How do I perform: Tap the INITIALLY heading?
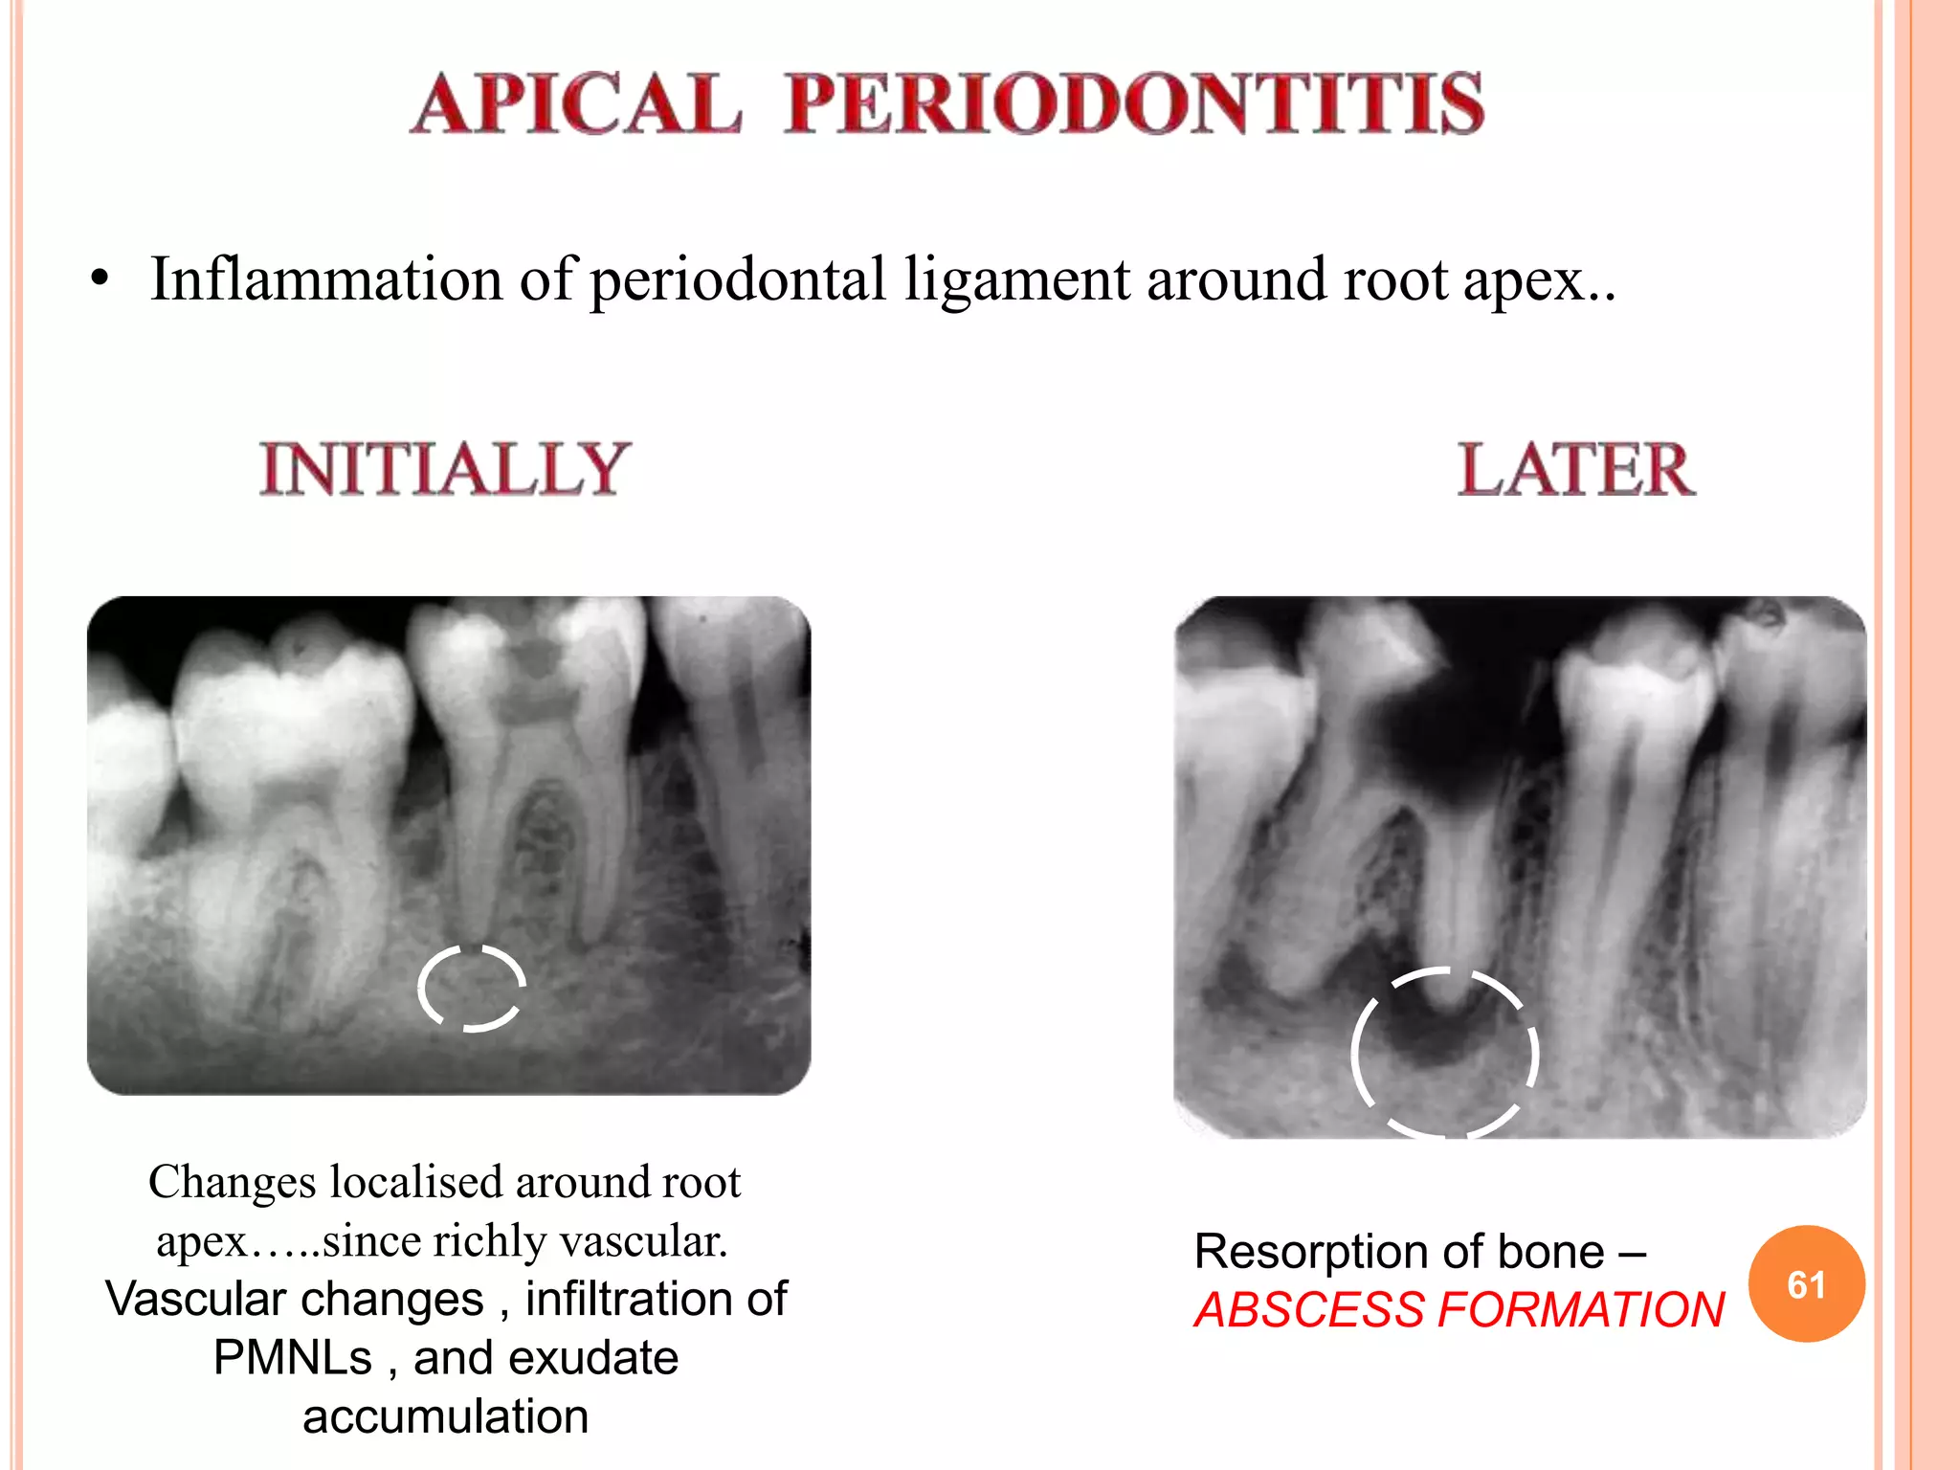[445, 469]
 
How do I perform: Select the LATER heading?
[1575, 469]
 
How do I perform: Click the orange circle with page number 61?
[1806, 1283]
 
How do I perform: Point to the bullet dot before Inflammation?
[100, 281]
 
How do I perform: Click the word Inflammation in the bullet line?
[326, 279]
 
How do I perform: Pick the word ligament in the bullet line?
[1016, 281]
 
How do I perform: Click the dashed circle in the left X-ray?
[472, 988]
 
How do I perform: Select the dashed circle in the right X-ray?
[1444, 1053]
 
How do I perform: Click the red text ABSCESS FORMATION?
[1459, 1310]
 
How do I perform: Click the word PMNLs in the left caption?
[292, 1357]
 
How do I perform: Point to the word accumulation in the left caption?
[445, 1416]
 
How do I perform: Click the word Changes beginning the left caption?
[232, 1183]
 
